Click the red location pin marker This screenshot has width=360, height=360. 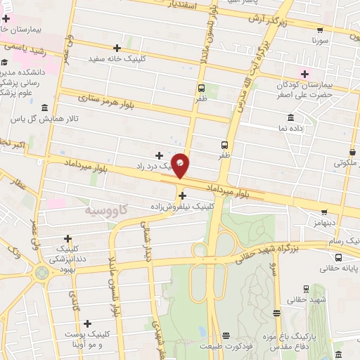tap(181, 165)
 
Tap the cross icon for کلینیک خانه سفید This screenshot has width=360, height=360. tap(117, 48)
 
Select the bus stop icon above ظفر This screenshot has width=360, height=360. tap(202, 88)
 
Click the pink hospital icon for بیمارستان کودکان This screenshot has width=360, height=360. tap(304, 74)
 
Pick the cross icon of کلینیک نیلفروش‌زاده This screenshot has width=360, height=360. tap(183, 196)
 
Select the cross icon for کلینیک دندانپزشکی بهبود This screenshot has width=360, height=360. tap(68, 239)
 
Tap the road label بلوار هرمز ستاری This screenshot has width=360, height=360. tap(105, 102)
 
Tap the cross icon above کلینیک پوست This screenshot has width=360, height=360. tap(87, 323)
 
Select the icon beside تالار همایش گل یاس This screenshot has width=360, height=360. tap(46, 108)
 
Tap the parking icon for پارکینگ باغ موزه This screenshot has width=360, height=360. tap(278, 314)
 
